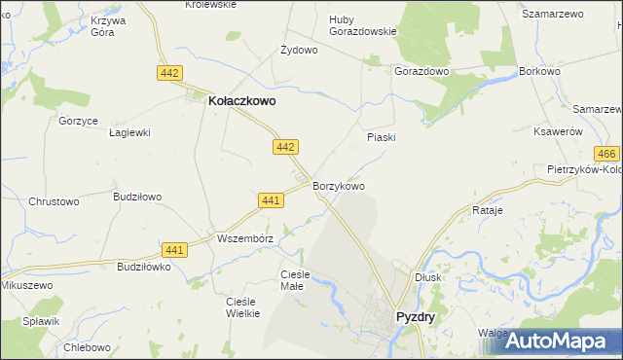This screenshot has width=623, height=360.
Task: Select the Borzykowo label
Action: (x=339, y=185)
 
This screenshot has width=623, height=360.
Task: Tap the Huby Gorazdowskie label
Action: (x=362, y=24)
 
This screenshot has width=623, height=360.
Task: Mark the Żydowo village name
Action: (x=299, y=50)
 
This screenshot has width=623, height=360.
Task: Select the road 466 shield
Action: (x=607, y=155)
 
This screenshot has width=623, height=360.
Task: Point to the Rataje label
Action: (x=487, y=210)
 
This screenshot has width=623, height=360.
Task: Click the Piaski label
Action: (x=381, y=137)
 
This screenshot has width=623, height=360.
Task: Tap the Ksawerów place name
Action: (x=558, y=131)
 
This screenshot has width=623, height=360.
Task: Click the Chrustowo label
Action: (x=53, y=201)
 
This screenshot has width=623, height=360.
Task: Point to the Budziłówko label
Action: (x=143, y=267)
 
